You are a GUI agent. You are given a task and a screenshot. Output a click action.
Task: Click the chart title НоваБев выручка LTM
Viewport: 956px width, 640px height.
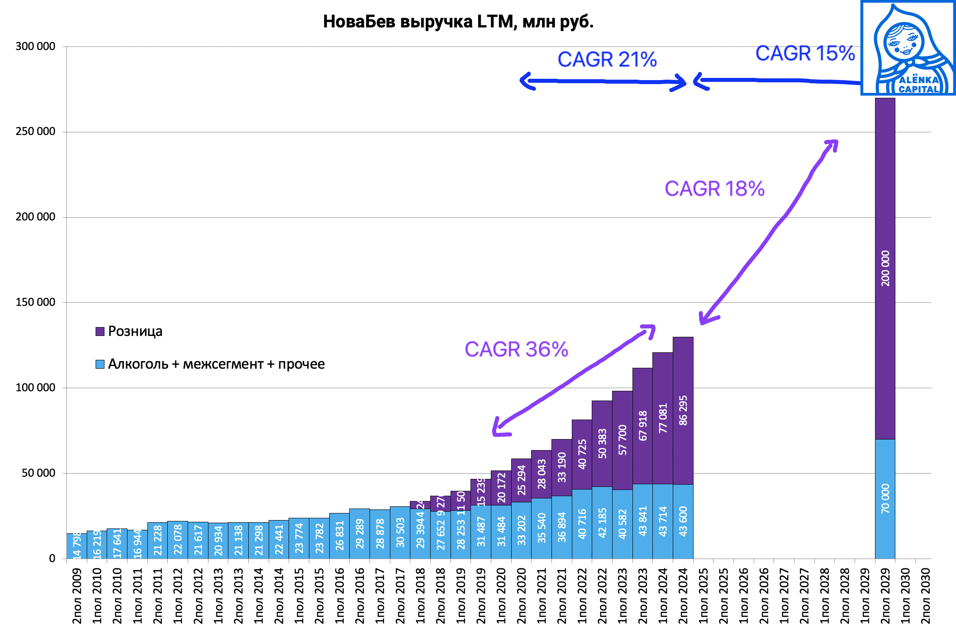(x=458, y=22)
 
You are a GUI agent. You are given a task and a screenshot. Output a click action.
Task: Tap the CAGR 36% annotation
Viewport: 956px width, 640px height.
(x=516, y=349)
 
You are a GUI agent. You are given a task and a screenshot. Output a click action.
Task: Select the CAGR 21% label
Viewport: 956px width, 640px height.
(x=607, y=59)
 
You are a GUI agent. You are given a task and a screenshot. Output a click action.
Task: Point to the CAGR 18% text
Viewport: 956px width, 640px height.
(x=714, y=189)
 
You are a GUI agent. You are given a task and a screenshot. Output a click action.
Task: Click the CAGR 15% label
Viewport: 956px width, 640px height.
(x=805, y=53)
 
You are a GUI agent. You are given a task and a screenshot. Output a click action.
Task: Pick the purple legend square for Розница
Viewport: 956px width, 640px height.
(x=100, y=332)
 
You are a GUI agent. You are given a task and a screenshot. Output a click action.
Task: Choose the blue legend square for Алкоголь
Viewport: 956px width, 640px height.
(x=100, y=364)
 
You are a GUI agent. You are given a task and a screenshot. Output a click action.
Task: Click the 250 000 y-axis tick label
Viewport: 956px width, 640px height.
(x=35, y=131)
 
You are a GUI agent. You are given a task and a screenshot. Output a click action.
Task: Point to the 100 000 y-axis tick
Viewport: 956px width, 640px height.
(x=35, y=387)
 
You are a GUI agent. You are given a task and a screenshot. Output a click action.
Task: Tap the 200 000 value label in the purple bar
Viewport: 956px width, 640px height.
(x=885, y=268)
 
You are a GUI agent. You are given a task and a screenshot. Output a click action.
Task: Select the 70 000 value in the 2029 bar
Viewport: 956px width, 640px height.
(x=885, y=498)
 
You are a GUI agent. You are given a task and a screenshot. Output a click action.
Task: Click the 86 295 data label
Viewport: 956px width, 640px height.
(x=683, y=410)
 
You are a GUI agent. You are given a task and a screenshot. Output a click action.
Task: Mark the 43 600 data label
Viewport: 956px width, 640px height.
(x=683, y=521)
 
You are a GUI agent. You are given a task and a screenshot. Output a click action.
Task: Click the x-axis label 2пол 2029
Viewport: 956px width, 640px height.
(x=885, y=596)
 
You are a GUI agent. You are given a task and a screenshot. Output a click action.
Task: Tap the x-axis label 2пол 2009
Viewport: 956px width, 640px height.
(x=77, y=596)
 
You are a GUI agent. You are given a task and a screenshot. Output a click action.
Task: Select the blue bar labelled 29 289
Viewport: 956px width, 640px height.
(x=360, y=533)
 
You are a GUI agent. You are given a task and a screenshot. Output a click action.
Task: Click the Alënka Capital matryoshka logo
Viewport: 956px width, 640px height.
(x=908, y=48)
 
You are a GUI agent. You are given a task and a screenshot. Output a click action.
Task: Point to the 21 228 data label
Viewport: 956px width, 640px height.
(x=158, y=540)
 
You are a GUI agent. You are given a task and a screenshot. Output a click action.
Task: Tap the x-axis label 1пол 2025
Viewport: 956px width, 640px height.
(x=703, y=596)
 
